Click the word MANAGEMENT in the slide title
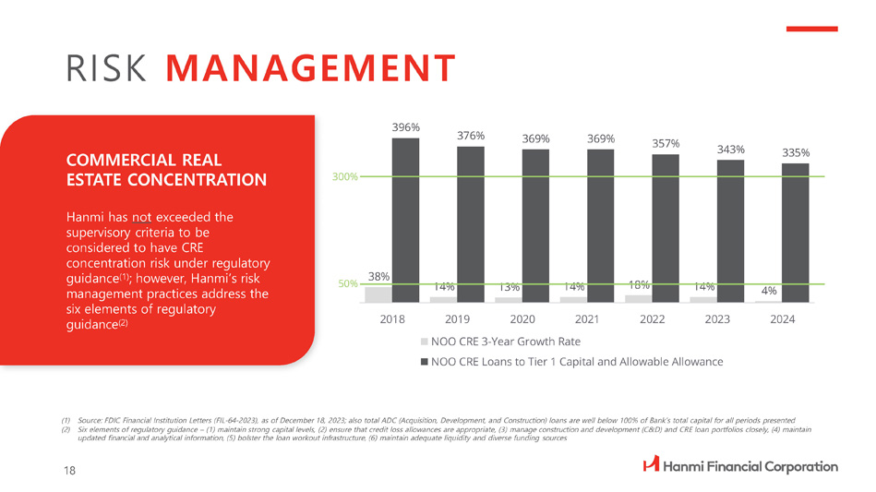312,68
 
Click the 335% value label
796,153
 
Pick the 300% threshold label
344,175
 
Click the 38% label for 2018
379,276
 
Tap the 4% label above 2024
768,291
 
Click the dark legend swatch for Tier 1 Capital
423,361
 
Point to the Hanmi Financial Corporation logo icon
651,466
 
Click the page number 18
70,470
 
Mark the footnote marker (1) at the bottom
66,421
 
